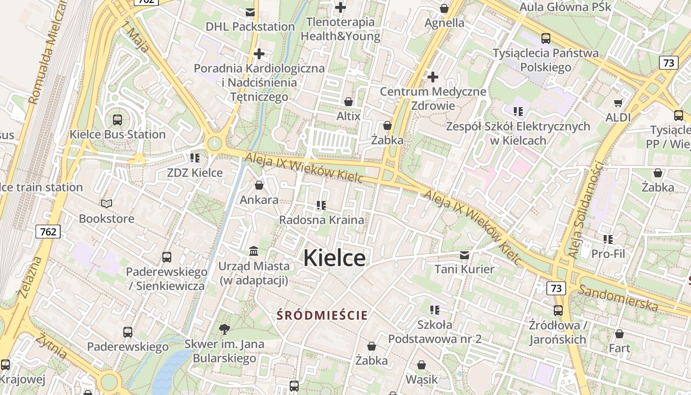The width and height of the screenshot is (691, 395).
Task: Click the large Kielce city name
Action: coord(334,258)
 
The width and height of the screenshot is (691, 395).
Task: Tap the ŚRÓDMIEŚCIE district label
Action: coord(322,315)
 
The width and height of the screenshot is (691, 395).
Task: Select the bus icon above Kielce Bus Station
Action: coord(117,119)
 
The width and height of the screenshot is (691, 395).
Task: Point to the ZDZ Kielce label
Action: coord(194,173)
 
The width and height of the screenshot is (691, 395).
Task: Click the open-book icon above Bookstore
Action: coord(107,203)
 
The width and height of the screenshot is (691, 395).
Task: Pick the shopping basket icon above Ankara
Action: coord(259,185)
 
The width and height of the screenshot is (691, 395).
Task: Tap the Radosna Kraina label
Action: coord(321,220)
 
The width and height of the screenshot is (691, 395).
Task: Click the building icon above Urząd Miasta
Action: coord(254,251)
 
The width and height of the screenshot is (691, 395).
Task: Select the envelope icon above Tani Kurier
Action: coord(464,255)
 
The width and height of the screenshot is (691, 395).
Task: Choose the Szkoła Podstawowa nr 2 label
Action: coord(434,332)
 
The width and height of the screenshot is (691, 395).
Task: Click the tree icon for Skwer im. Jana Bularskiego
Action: coord(225,329)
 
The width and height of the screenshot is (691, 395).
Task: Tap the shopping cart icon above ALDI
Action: coord(618,103)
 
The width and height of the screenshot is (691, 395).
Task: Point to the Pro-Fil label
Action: coord(608,254)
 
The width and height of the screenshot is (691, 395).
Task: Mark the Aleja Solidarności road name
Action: coord(586,209)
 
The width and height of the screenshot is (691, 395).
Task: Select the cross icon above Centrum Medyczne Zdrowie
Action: coord(433,77)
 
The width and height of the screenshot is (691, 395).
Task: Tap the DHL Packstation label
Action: coord(250,26)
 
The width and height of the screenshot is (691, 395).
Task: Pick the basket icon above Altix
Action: coord(348,102)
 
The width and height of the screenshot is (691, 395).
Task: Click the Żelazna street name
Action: coord(30,277)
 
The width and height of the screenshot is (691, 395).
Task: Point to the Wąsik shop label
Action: coord(422,379)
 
